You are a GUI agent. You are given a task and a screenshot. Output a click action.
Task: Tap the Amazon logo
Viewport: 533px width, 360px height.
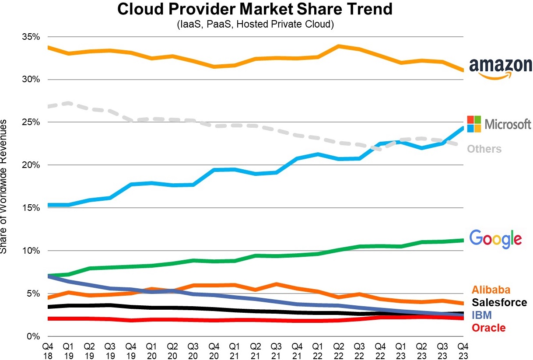pyautogui.click(x=500, y=68)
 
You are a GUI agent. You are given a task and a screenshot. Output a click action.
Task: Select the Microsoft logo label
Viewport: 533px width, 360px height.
pyautogui.click(x=500, y=124)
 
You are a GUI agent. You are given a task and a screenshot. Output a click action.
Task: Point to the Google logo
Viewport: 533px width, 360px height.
pyautogui.click(x=495, y=238)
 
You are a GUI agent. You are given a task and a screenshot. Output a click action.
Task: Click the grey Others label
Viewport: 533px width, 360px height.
pyautogui.click(x=484, y=149)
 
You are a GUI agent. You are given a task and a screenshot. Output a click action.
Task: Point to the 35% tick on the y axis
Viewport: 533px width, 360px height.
pyautogui.click(x=31, y=37)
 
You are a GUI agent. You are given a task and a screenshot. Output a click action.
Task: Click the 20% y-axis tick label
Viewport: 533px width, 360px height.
pyautogui.click(x=31, y=165)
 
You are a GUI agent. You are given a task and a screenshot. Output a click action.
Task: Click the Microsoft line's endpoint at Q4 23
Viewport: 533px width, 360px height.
pyautogui.click(x=463, y=128)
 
